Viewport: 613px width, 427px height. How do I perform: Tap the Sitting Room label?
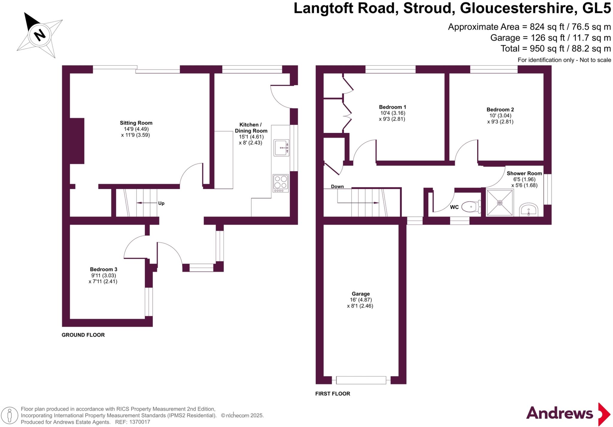136,123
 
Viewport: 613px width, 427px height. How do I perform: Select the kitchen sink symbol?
281,148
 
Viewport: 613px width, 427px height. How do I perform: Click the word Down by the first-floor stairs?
337,187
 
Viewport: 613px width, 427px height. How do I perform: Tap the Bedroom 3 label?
104,269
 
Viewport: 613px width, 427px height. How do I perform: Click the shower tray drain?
500,203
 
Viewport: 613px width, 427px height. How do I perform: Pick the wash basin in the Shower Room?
528,210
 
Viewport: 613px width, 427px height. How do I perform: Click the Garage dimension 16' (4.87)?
361,300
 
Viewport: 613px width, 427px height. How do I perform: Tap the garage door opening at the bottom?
361,380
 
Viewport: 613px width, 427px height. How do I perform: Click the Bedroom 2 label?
500,110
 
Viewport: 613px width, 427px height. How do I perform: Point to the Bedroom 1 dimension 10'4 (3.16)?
392,113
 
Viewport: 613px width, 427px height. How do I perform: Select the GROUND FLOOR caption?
83,335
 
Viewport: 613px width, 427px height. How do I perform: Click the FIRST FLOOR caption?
333,394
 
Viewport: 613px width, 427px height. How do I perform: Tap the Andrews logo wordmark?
559,414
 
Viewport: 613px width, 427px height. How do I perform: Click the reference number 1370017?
139,422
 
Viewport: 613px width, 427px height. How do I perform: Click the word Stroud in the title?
429,8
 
